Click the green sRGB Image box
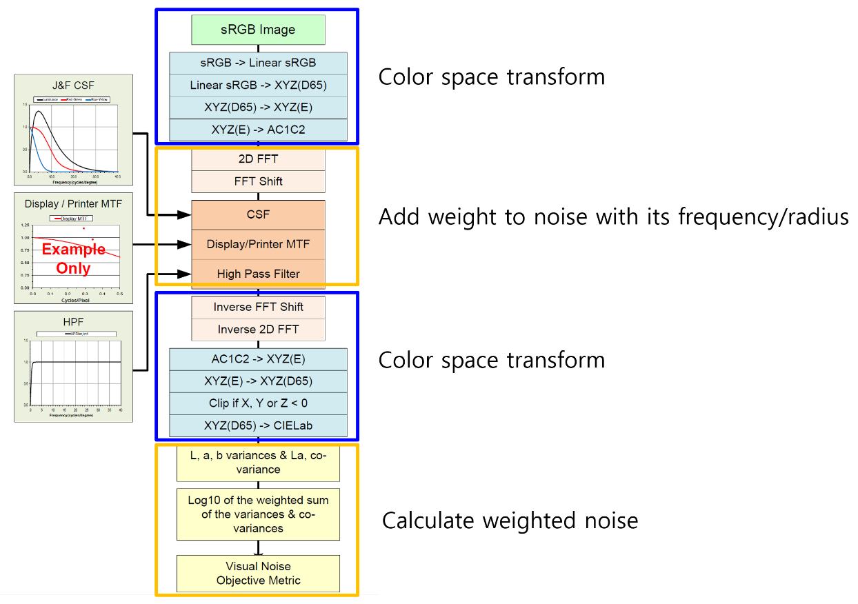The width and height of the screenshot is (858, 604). tap(258, 30)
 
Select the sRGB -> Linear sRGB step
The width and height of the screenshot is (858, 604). tap(258, 63)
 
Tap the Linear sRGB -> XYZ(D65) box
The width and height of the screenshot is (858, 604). tap(258, 85)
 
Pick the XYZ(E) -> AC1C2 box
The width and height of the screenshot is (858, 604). tap(258, 129)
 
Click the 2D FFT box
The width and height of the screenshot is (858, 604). tap(258, 159)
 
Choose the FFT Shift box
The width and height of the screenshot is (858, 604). tap(258, 181)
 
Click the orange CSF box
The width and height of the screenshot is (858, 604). tap(258, 215)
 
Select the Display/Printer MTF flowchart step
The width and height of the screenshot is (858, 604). tap(258, 244)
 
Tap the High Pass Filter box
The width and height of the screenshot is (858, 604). tap(258, 274)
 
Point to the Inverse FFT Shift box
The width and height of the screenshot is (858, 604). tap(258, 307)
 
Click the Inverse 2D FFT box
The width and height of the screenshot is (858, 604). tap(258, 330)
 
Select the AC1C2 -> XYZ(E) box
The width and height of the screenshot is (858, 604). tap(258, 359)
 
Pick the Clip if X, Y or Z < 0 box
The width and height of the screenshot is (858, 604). tap(258, 403)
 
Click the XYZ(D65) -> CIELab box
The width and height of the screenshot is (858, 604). tap(258, 425)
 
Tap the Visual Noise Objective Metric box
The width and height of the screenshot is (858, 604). tap(258, 573)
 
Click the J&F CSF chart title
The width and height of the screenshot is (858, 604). tap(74, 86)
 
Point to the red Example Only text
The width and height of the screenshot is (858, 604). tap(74, 259)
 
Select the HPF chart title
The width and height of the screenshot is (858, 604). tap(74, 322)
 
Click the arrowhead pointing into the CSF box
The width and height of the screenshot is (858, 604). tap(185, 215)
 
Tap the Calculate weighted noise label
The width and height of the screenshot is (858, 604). tap(510, 521)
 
